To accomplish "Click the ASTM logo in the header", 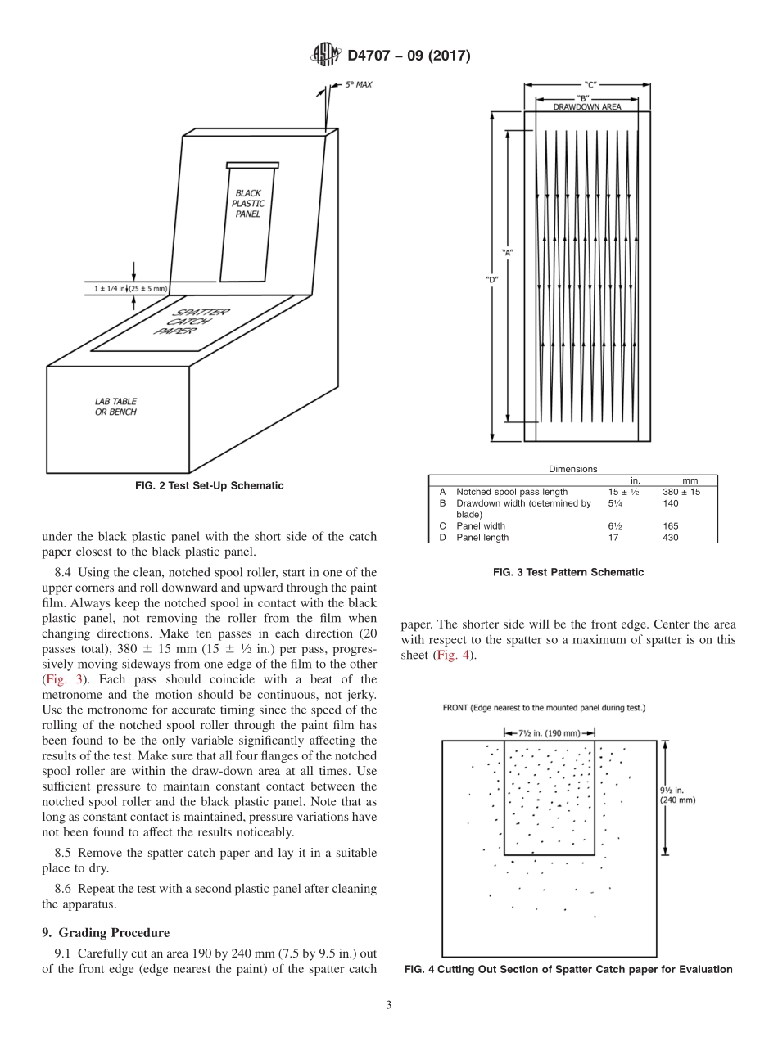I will click(326, 56).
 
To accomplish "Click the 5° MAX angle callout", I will click(357, 84).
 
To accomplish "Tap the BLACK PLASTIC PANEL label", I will click(248, 204).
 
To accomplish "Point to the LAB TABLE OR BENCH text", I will click(115, 407).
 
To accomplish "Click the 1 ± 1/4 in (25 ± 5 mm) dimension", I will click(130, 288).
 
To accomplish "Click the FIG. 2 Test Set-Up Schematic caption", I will click(209, 486).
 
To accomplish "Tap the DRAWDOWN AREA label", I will click(586, 106).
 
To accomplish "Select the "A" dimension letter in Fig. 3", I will click(508, 252).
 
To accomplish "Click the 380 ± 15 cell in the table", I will click(681, 492).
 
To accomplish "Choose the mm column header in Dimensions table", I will click(690, 480).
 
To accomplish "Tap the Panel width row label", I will click(480, 525).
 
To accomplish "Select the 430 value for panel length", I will click(672, 537).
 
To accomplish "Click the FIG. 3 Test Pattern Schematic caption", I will click(568, 572).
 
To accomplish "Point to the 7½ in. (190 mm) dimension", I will click(549, 732).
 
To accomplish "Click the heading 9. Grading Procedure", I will click(106, 932).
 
